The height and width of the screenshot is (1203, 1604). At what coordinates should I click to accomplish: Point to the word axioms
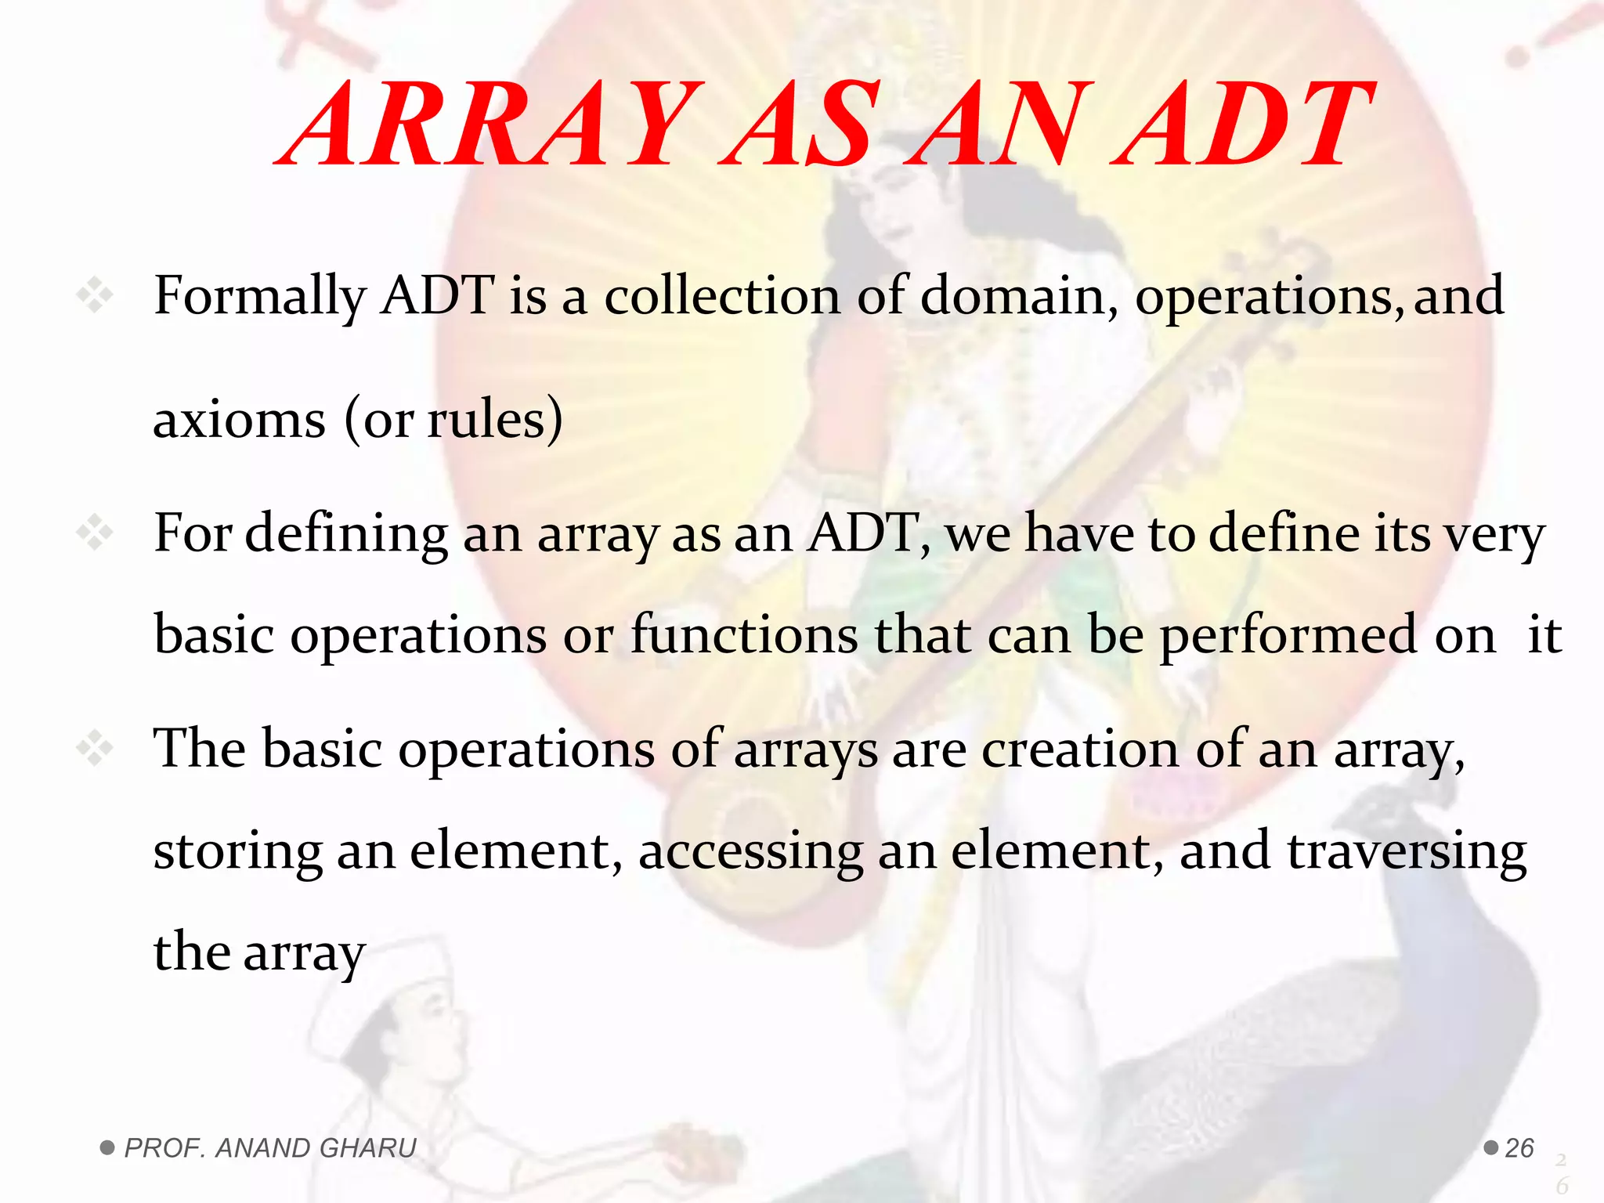(239, 420)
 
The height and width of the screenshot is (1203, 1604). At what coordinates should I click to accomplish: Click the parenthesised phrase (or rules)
(453, 420)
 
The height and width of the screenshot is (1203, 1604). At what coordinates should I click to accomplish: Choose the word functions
(744, 634)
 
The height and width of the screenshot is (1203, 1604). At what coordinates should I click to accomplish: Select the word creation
(1080, 749)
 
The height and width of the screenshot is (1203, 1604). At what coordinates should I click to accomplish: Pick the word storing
(237, 852)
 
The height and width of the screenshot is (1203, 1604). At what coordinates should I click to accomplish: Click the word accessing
(751, 852)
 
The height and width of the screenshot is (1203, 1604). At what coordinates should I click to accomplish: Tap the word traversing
(1407, 852)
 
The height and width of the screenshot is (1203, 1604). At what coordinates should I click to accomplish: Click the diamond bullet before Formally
(95, 296)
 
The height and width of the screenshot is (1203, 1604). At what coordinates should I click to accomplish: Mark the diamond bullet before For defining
(95, 534)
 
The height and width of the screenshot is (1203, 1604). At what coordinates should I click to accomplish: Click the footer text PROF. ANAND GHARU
(270, 1148)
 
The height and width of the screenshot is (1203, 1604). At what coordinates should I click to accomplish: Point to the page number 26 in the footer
(1519, 1148)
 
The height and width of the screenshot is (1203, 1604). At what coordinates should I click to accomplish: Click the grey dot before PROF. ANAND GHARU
(107, 1148)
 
